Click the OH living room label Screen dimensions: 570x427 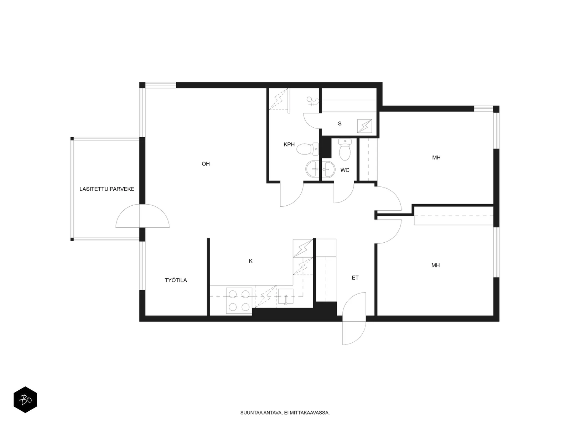pos(206,164)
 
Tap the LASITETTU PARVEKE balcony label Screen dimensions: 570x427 pos(107,189)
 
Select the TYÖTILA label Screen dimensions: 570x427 pos(176,280)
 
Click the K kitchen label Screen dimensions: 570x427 pos(250,261)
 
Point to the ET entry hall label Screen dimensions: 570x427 pos(355,278)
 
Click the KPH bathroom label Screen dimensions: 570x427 pos(289,144)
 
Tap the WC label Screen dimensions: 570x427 pos(345,170)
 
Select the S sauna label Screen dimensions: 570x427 pos(340,124)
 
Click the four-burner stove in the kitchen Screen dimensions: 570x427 pos(239,300)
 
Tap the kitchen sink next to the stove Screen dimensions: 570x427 pos(286,296)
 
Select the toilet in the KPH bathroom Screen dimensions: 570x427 pos(307,149)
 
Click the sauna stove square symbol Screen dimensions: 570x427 pos(364,126)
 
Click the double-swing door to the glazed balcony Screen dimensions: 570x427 pos(142,216)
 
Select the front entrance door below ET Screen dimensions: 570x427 pos(354,318)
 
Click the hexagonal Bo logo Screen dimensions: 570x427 pos(25,400)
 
